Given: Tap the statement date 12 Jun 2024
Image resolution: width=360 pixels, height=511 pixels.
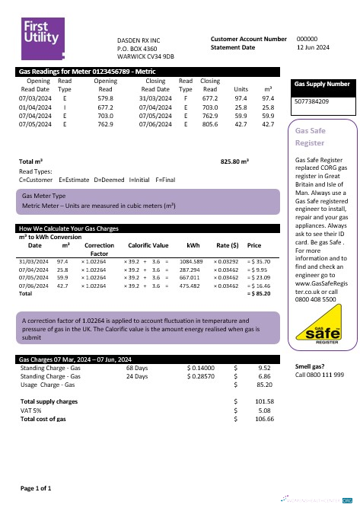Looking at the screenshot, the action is coord(312,47).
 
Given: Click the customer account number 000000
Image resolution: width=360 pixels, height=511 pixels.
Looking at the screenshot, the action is coord(306,38).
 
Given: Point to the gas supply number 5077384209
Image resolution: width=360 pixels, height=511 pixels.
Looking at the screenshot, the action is coord(311,101).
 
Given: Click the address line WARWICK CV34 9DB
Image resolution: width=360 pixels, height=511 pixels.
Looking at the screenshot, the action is coord(145,56).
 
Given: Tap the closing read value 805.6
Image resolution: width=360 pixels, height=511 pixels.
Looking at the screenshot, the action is coord(210,123).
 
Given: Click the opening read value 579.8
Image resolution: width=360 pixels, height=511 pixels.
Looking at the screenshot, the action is coord(105,98).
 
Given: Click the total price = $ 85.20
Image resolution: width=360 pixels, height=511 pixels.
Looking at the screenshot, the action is coord(260,292).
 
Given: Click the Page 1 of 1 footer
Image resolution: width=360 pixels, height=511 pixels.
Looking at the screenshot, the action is coord(35,487).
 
